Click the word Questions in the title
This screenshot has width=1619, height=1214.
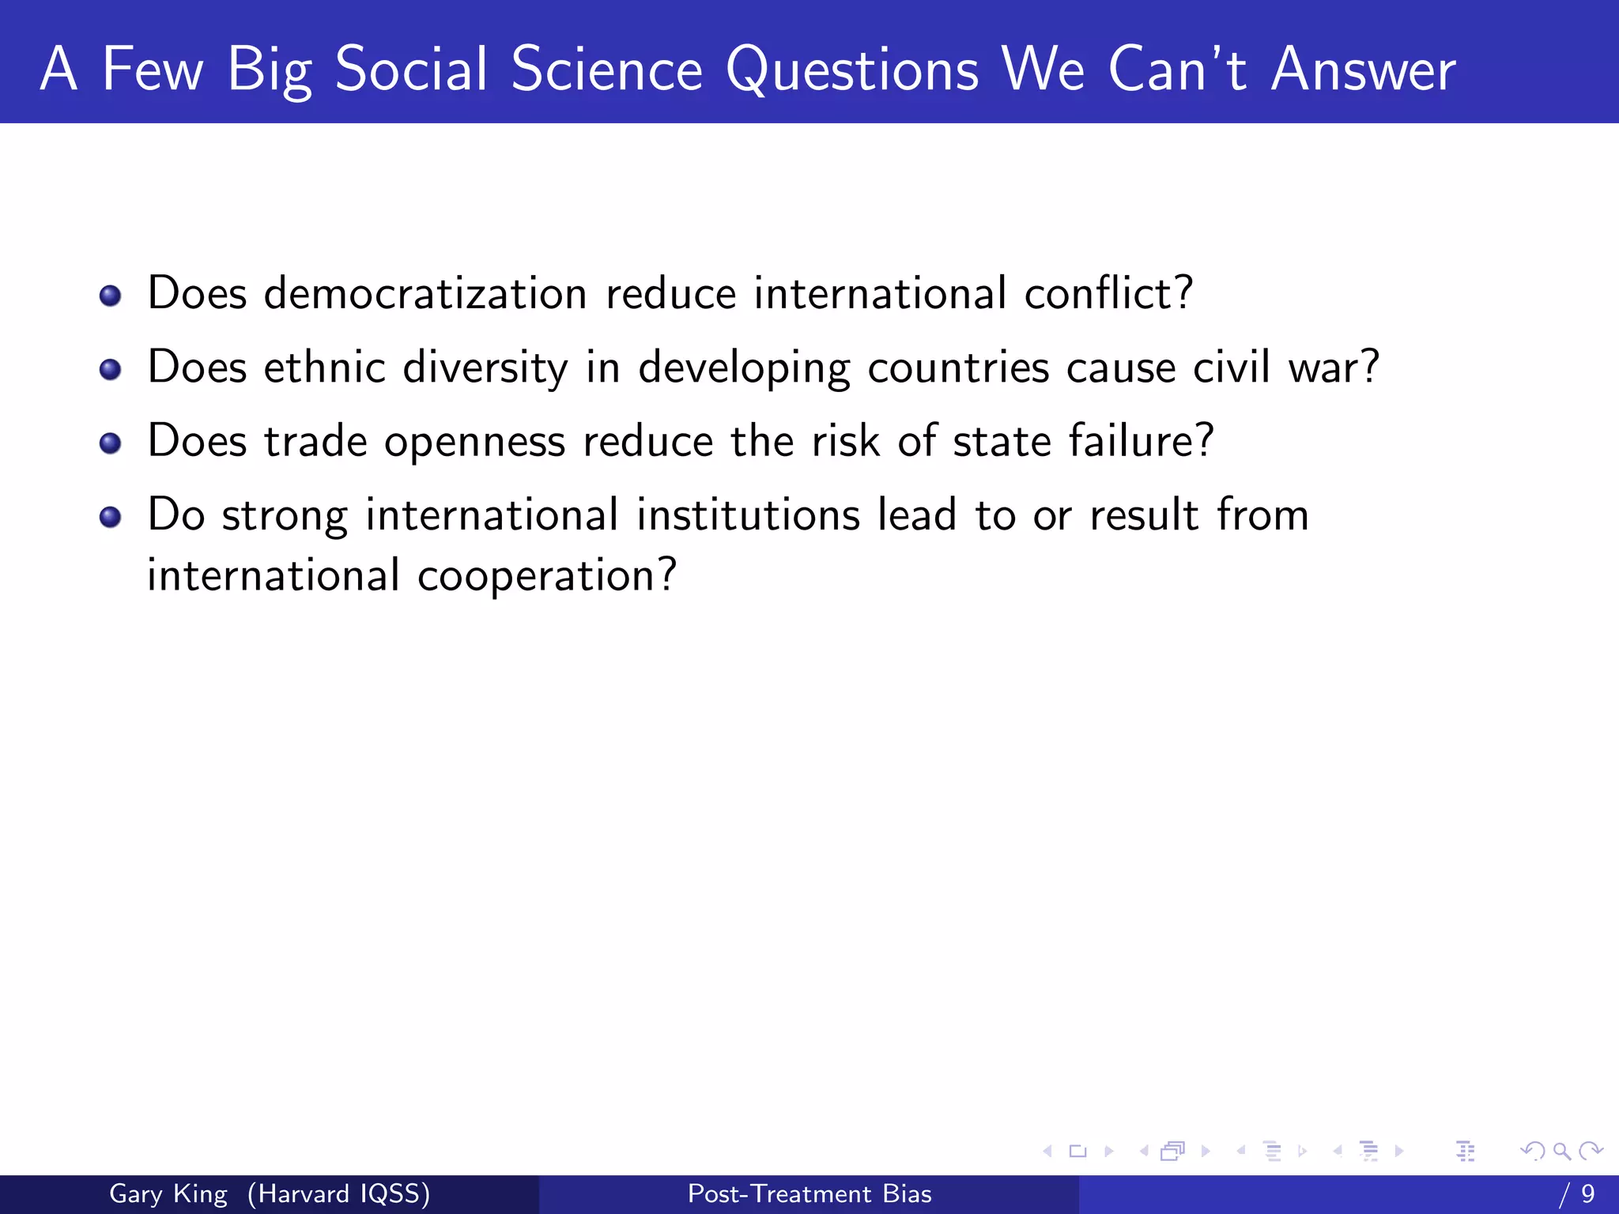pos(852,70)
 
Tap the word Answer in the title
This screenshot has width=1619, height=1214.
pos(1363,70)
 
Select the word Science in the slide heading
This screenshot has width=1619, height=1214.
pos(606,70)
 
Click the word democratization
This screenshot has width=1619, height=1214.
pos(425,293)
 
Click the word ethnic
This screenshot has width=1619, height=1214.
pos(324,368)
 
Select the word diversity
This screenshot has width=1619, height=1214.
pos(485,368)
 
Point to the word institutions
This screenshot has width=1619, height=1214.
pos(748,515)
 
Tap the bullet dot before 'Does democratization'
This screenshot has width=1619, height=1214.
pos(111,296)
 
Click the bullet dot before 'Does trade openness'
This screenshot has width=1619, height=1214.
pos(111,443)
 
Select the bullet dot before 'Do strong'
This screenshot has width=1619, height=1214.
pos(111,518)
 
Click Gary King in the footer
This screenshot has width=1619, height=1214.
pos(168,1193)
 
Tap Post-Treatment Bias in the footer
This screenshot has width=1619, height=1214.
pos(809,1193)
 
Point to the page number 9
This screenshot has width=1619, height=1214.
pos(1587,1193)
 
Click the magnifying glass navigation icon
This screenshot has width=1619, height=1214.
pos(1561,1152)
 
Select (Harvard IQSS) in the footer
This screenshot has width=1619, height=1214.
pos(338,1193)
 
